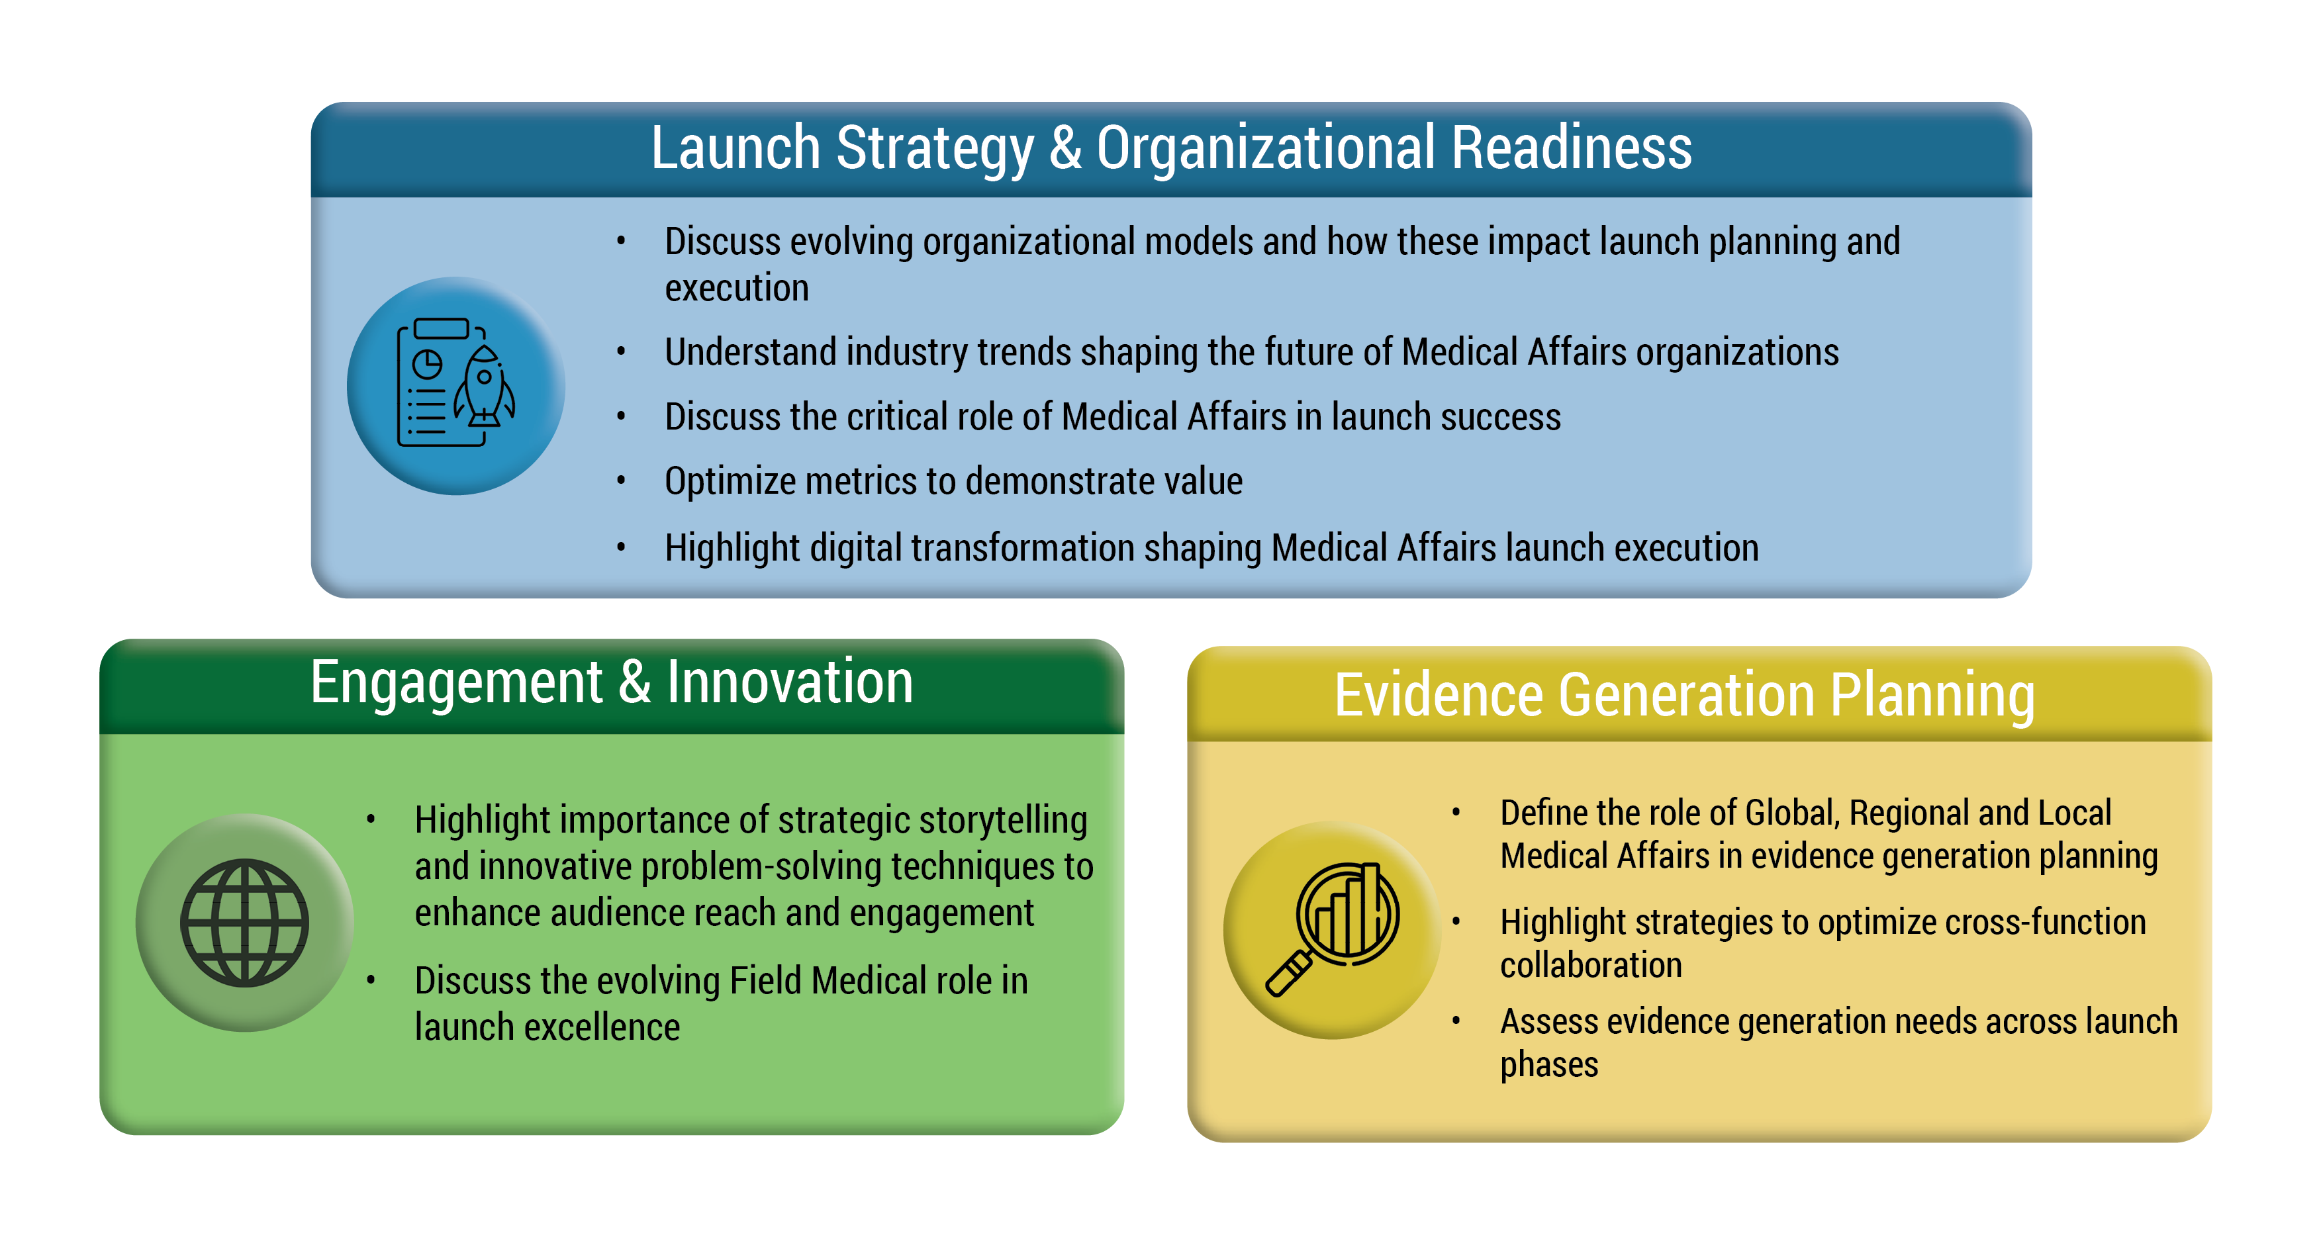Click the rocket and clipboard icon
pos(456,383)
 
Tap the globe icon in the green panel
pos(244,922)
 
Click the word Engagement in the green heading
pos(456,682)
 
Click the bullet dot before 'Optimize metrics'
pos(621,480)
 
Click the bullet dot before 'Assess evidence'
pos(1456,1021)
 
